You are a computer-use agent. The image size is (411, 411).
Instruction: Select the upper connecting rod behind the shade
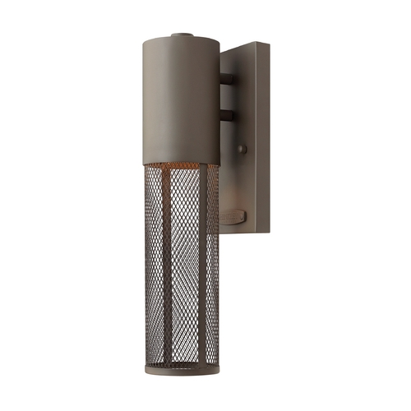pos(226,81)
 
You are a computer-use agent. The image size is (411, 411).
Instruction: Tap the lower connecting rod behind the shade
pos(226,116)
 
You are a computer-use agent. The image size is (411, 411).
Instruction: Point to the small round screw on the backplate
pos(241,149)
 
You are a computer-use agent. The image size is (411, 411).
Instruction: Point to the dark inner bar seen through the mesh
pos(202,271)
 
